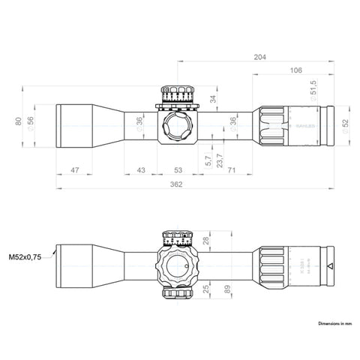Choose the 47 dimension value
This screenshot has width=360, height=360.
pyautogui.click(x=75, y=171)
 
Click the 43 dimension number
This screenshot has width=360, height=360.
pyautogui.click(x=141, y=171)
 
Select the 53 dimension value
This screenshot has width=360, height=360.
pyautogui.click(x=179, y=171)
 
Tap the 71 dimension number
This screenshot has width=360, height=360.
pyautogui.click(x=230, y=171)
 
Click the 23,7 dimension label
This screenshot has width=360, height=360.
pyautogui.click(x=219, y=159)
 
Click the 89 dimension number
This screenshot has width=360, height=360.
pyautogui.click(x=226, y=289)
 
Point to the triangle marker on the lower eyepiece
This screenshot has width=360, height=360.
pyautogui.click(x=330, y=266)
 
